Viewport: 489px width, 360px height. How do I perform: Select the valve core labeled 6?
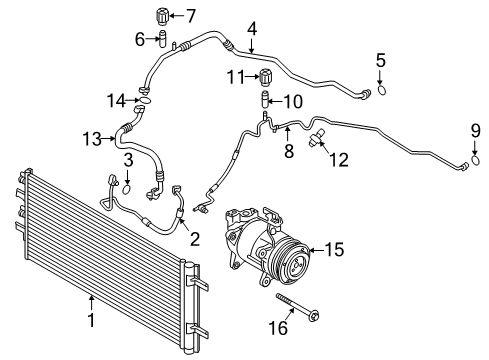pos(157,39)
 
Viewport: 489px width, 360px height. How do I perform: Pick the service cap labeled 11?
pos(265,78)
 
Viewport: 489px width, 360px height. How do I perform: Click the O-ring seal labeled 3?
pos(127,185)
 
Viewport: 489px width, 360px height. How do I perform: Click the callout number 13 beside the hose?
pos(92,139)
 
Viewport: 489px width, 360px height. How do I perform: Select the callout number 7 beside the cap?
pos(191,14)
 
